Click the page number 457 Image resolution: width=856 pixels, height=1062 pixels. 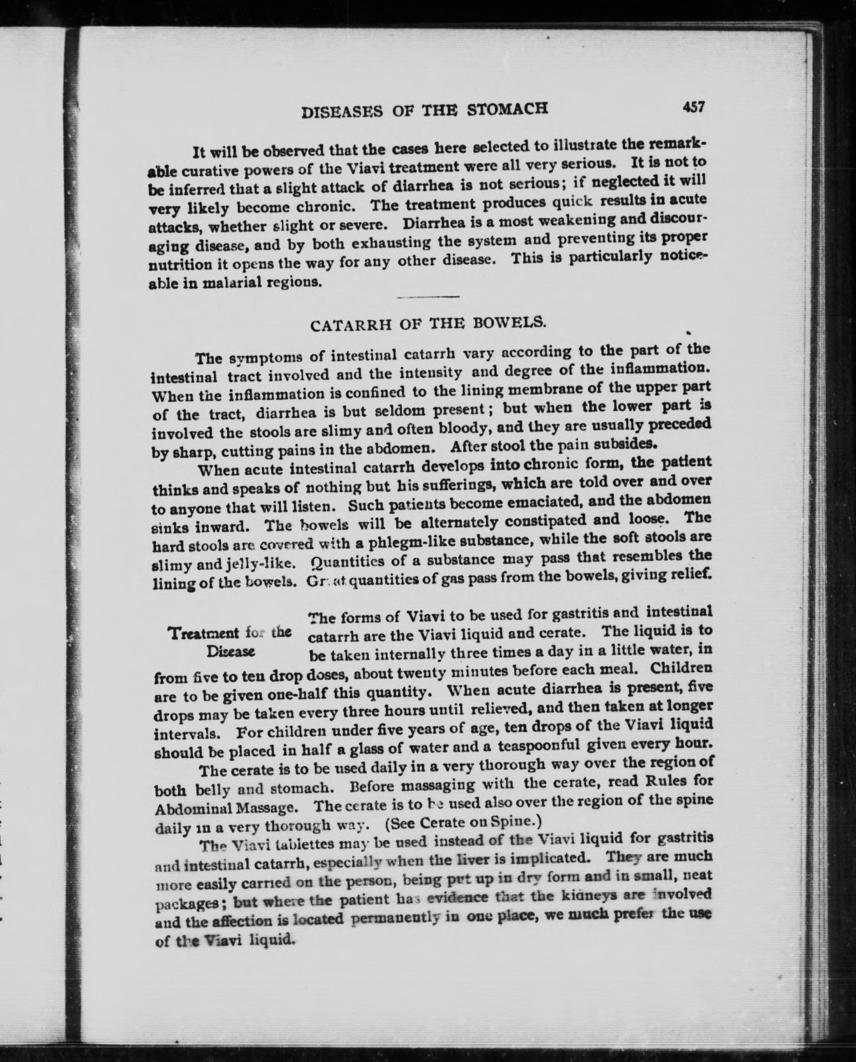pos(694,106)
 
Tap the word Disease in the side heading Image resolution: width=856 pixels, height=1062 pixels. pos(230,652)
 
